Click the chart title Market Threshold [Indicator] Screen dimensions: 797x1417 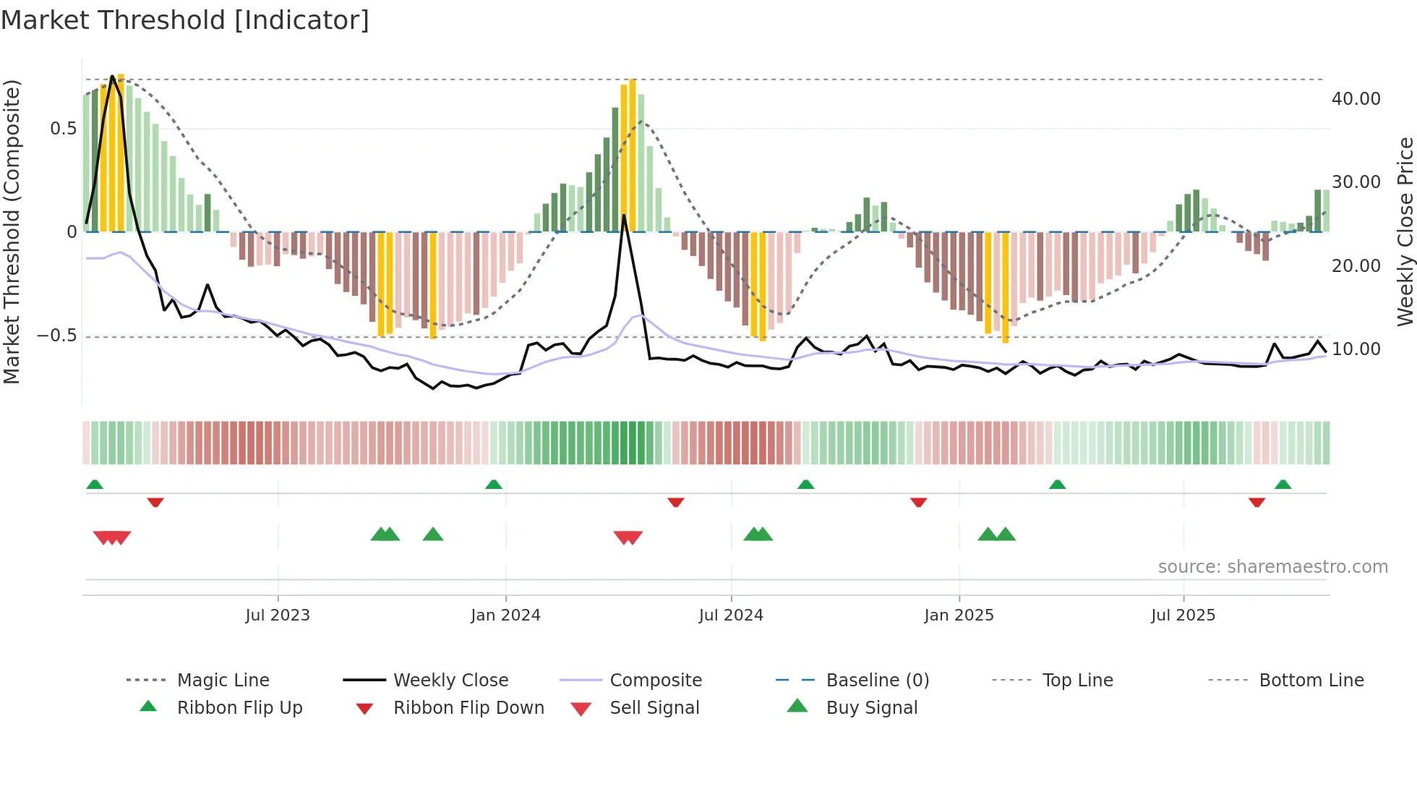coord(185,20)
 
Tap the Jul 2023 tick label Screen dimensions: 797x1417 coord(278,615)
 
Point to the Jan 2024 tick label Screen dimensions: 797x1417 coord(505,615)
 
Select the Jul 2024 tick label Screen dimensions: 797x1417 coord(731,615)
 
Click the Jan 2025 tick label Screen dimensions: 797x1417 coord(959,615)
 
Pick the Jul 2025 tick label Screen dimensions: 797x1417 coord(1183,615)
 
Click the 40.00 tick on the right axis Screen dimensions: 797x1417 coord(1356,99)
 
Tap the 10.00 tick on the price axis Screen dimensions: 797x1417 coord(1356,349)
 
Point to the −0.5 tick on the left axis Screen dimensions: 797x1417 coord(56,336)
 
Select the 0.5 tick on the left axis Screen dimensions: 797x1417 coord(63,129)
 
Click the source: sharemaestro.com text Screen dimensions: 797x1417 coord(1272,567)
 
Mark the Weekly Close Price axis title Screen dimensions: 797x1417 coord(1405,231)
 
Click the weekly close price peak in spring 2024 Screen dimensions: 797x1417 coord(624,215)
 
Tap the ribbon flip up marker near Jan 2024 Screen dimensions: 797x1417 coord(494,484)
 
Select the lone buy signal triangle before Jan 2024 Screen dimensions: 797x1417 coord(433,534)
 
